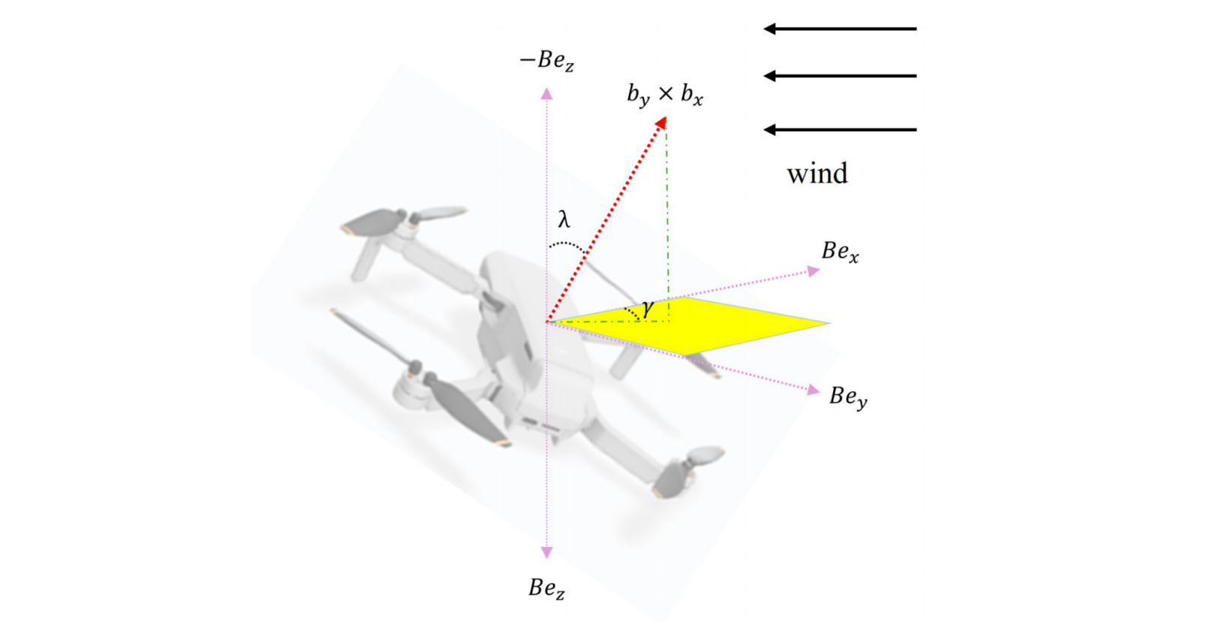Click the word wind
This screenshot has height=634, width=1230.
(x=817, y=174)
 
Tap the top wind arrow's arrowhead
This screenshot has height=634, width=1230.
(x=769, y=29)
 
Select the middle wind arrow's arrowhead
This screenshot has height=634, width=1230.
(x=769, y=76)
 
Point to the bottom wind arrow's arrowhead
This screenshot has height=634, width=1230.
(x=769, y=130)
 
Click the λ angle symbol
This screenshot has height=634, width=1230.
(x=564, y=219)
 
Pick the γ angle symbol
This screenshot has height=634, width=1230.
(x=647, y=307)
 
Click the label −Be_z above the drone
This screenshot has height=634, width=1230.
(x=547, y=61)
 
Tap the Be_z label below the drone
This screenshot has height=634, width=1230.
(x=546, y=588)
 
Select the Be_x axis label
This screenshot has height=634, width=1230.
(x=840, y=252)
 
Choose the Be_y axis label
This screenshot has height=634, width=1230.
(x=848, y=397)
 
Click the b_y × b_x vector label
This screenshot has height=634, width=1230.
(x=665, y=95)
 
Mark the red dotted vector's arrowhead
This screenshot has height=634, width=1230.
(x=661, y=122)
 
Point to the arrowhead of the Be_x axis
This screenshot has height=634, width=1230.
(x=814, y=271)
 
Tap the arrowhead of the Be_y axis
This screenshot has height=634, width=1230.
(x=813, y=390)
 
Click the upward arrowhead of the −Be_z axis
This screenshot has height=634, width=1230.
(x=547, y=93)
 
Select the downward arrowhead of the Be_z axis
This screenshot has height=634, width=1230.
(x=547, y=552)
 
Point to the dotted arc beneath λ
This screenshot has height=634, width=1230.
(x=568, y=245)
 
